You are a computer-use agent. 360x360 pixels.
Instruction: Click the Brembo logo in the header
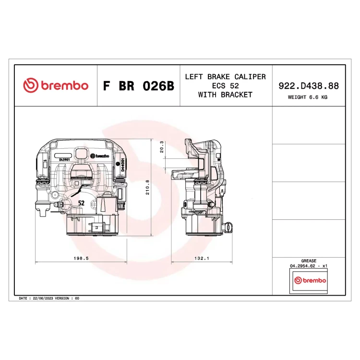click(56, 85)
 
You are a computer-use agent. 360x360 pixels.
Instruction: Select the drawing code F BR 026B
click(139, 86)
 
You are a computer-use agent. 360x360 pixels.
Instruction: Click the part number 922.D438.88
click(309, 86)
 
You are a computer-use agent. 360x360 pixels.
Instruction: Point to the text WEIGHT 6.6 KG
click(308, 97)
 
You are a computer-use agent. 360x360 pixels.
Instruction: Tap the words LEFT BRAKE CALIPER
click(226, 77)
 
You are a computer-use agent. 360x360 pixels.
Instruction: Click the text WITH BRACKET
click(226, 95)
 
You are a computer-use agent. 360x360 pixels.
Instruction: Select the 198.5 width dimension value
click(81, 258)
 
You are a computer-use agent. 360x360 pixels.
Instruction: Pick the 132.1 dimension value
click(202, 258)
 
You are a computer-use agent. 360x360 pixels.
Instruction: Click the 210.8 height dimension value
click(147, 187)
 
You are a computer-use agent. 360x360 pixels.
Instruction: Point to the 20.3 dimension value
click(162, 147)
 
